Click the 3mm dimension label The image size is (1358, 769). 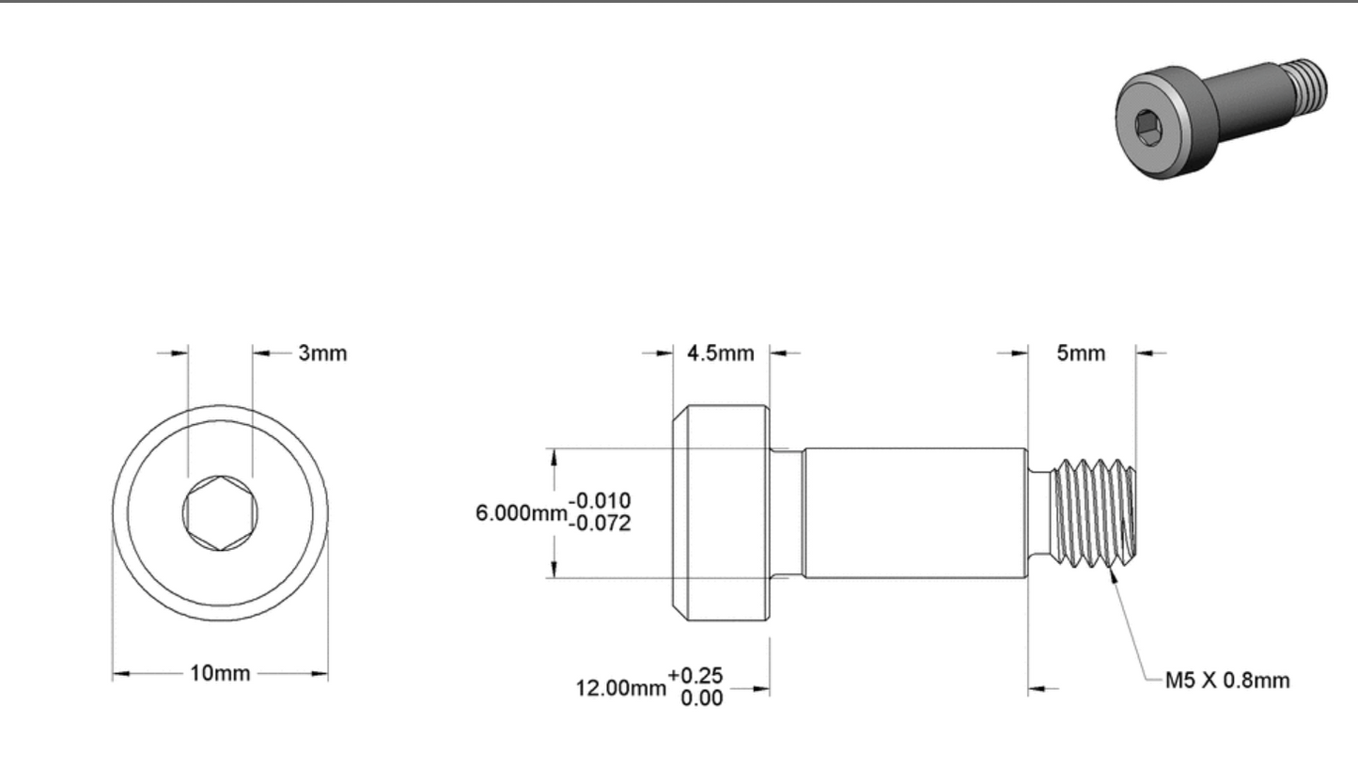click(323, 353)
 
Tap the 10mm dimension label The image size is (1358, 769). click(221, 674)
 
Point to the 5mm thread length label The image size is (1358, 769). click(1081, 353)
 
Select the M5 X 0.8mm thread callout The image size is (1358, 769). click(1227, 681)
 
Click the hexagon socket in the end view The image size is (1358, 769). click(220, 512)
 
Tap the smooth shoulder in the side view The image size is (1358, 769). click(912, 512)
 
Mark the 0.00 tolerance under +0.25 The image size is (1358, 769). click(695, 698)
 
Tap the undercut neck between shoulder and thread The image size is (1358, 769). click(1038, 512)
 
